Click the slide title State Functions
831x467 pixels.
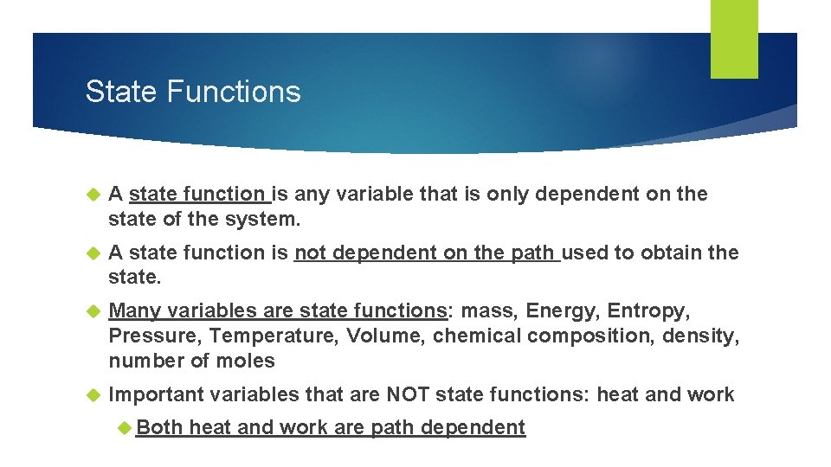pos(193,92)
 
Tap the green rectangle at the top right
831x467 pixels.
pos(734,38)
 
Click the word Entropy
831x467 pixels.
pos(648,310)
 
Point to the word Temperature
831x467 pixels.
pos(261,336)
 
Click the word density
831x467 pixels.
pos(700,336)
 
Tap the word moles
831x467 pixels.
pos(247,361)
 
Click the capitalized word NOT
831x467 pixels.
pos(408,395)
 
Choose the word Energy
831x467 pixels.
pos(560,310)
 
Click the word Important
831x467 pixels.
pos(157,395)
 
